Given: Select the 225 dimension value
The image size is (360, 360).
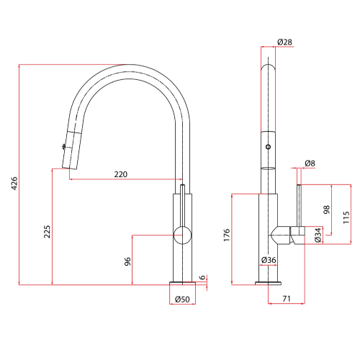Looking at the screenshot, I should tap(47, 231).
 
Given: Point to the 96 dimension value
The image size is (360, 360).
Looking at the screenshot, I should tap(127, 262).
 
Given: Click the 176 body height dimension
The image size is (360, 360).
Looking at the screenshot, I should tap(226, 235).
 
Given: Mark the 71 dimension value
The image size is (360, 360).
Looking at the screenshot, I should tap(286, 297).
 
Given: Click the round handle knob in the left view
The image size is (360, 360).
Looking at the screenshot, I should tap(184, 235).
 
